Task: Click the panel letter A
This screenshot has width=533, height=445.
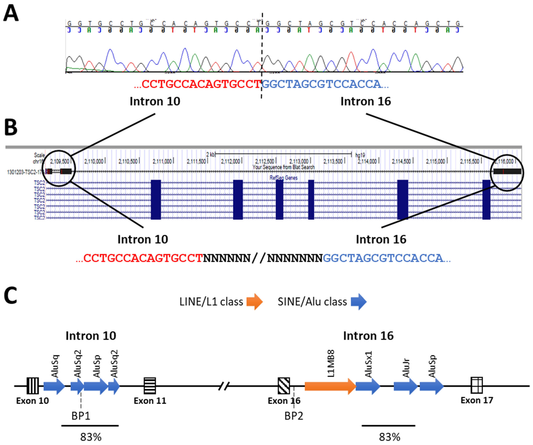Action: coord(11,14)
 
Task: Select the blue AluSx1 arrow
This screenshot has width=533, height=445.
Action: coord(367,386)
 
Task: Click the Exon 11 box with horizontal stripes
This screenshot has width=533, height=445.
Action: coord(150,386)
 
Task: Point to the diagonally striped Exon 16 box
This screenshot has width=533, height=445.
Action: coord(284,386)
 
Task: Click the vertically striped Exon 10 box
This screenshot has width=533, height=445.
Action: coord(33,386)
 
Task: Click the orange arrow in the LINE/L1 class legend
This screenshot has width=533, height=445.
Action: coord(255,302)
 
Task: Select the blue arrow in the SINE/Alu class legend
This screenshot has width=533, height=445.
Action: coord(359,302)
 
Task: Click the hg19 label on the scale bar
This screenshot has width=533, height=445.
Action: coord(360,155)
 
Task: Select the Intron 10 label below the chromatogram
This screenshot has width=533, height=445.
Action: coord(155,101)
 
